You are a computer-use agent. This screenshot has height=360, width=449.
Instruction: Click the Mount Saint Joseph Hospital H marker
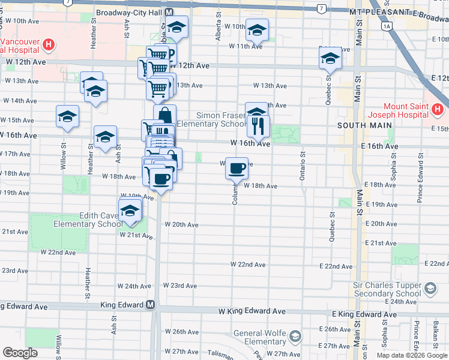click(x=437, y=110)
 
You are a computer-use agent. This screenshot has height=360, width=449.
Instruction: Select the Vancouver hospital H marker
click(x=49, y=44)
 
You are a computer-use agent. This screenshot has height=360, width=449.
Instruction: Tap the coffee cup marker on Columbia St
click(x=237, y=168)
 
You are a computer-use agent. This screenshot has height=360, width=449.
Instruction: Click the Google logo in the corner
click(x=20, y=353)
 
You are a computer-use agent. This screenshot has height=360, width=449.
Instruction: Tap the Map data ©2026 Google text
click(x=411, y=355)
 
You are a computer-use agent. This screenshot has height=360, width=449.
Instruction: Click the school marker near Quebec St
click(x=330, y=58)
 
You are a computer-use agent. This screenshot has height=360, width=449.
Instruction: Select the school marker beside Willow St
click(x=67, y=117)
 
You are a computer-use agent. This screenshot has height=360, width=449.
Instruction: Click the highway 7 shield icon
click(x=322, y=8)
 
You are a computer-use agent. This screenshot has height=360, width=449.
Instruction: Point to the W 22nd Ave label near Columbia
click(x=248, y=265)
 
